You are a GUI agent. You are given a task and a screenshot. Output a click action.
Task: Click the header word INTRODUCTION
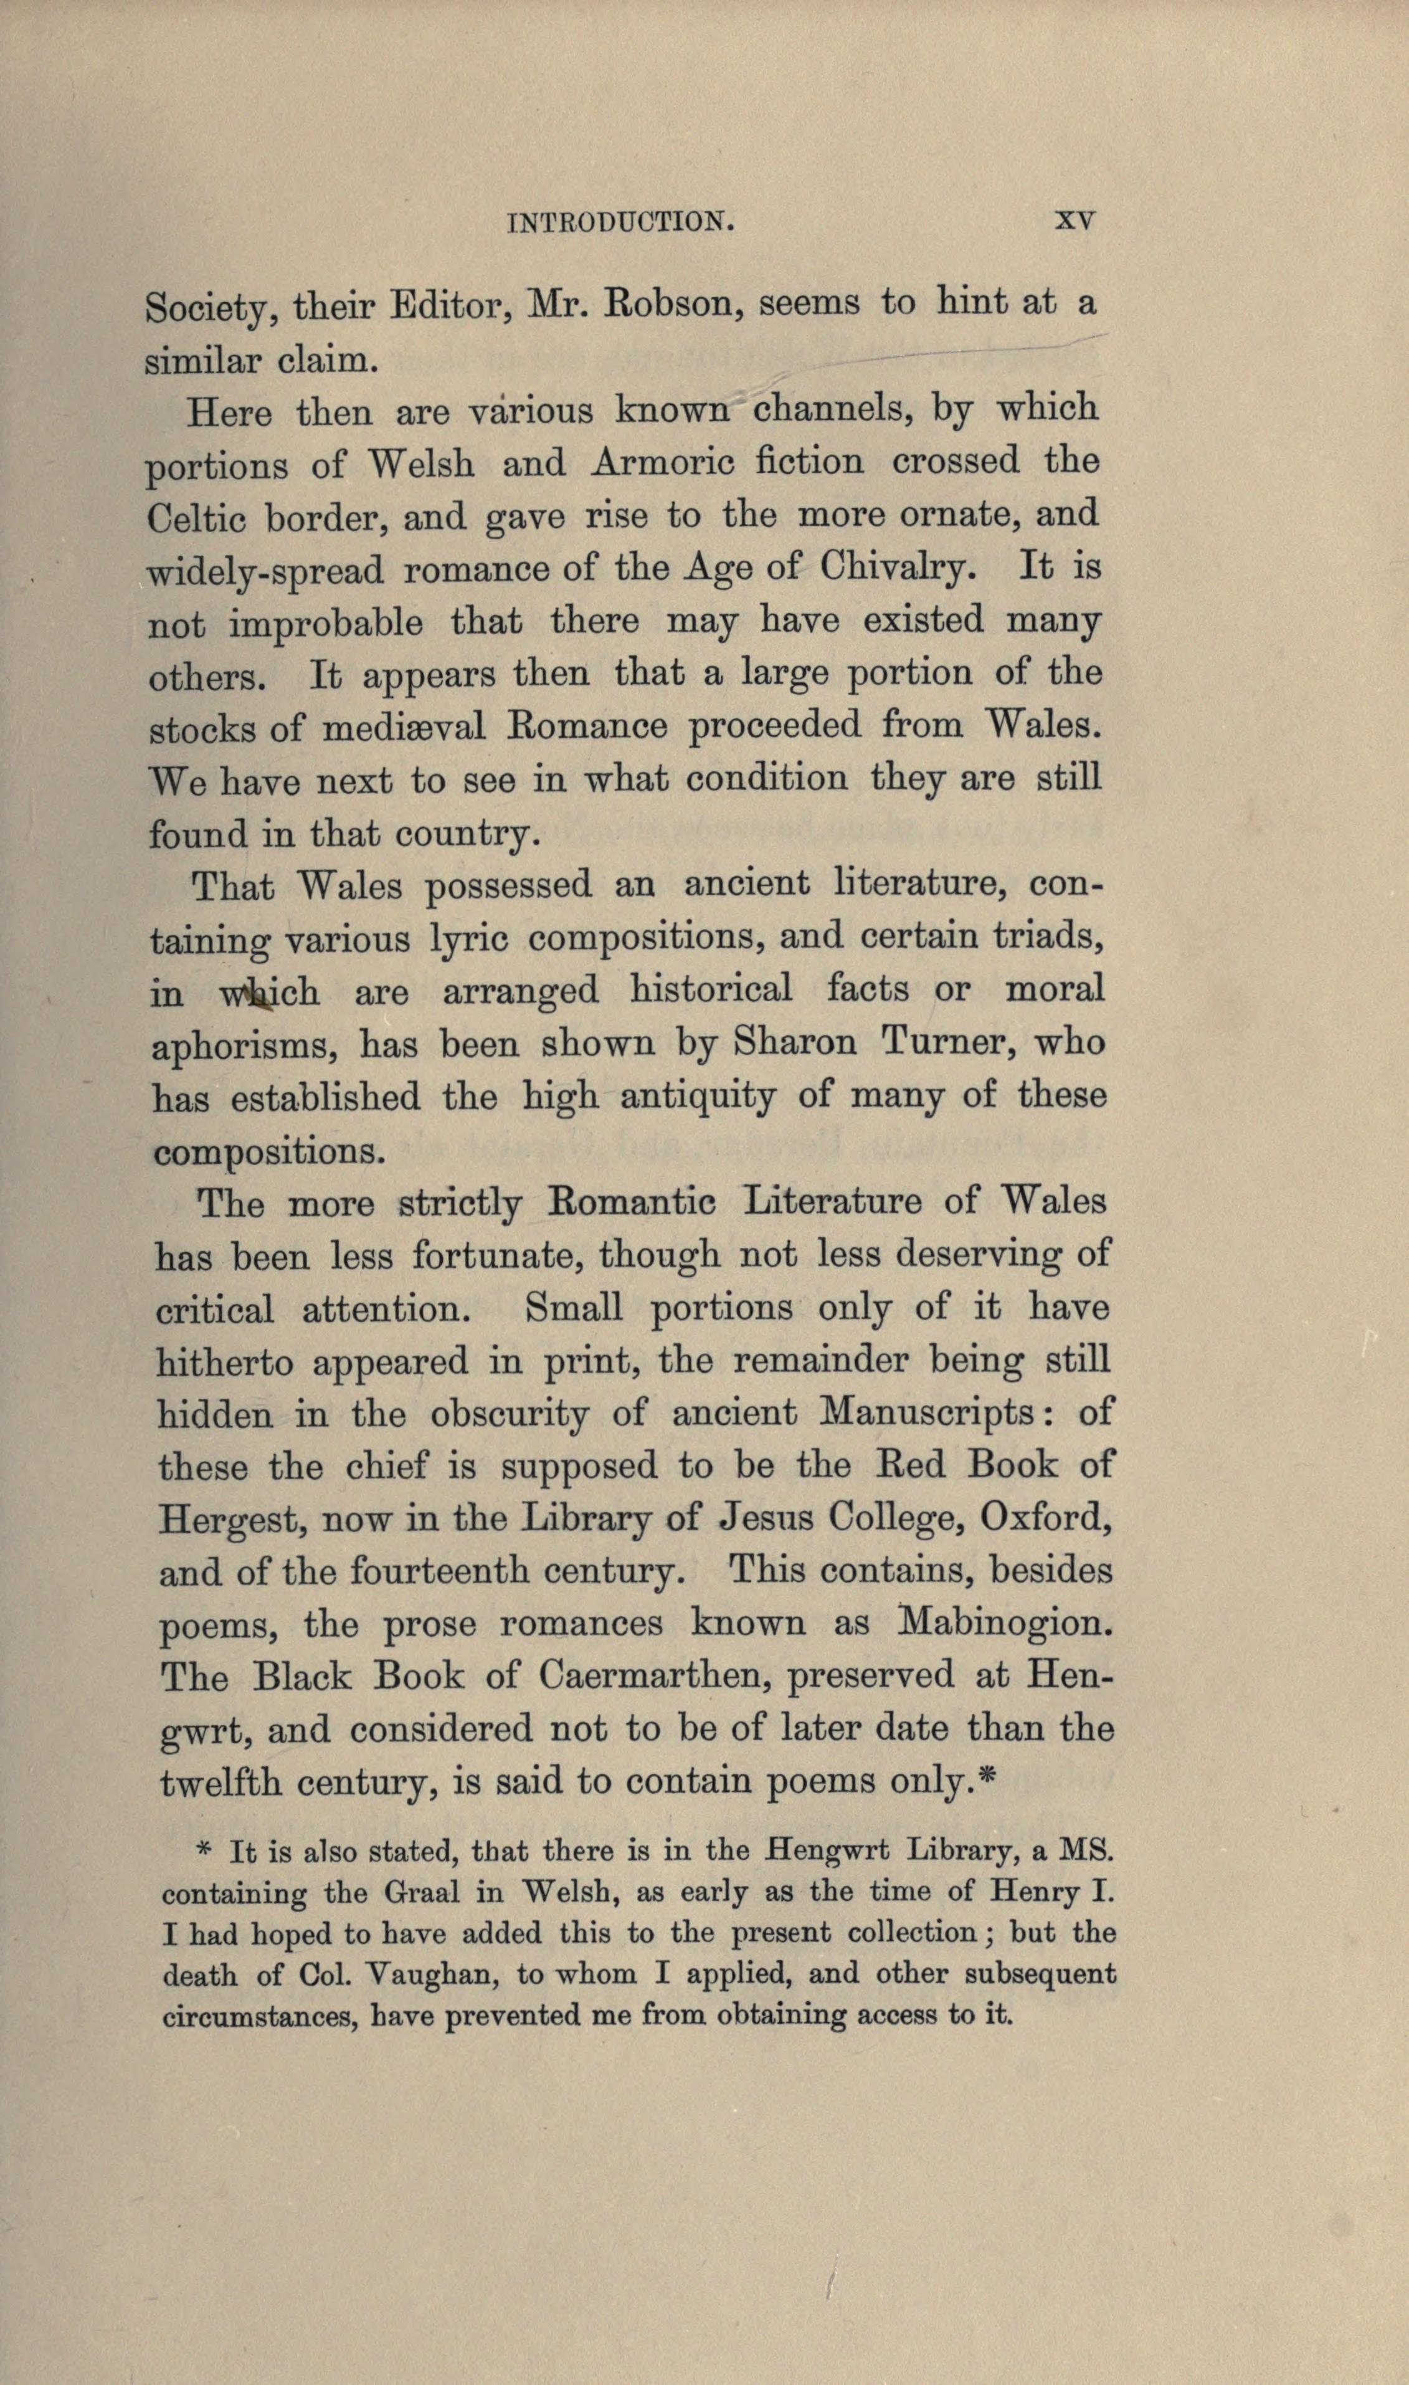tap(623, 222)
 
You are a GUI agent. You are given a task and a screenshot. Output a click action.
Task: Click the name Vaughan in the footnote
tap(430, 1975)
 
